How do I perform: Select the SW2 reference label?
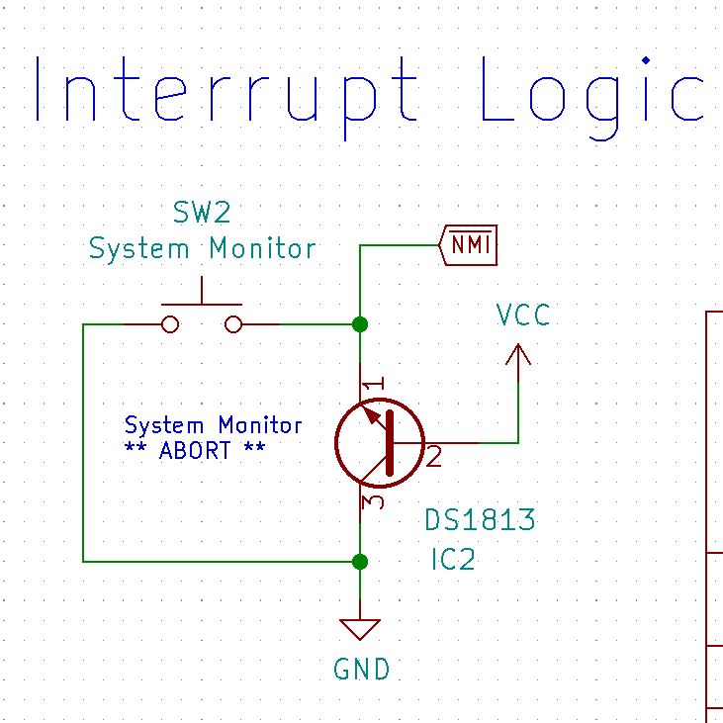[x=202, y=213]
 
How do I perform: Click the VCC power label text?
[x=522, y=316]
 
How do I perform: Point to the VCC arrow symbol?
[x=517, y=355]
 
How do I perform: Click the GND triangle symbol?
[x=360, y=630]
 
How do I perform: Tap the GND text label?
[x=362, y=670]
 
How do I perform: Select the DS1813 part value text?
[x=480, y=520]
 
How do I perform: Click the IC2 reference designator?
[x=452, y=560]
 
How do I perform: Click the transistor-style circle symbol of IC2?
[x=380, y=443]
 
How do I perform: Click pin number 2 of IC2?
[x=434, y=456]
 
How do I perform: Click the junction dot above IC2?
[x=360, y=324]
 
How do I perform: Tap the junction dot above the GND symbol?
[x=360, y=562]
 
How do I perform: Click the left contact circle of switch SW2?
[x=170, y=324]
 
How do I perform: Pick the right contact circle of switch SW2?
[x=233, y=324]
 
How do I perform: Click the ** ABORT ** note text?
[x=195, y=451]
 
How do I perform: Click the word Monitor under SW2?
[x=262, y=248]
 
